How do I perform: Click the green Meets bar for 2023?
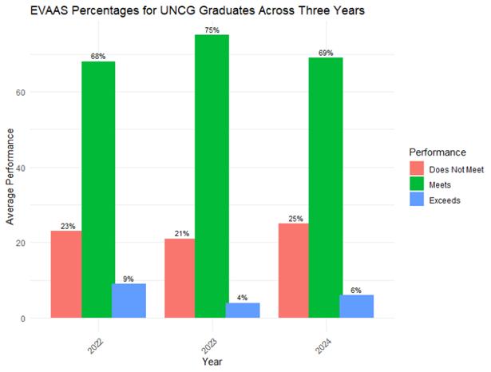pos(212,176)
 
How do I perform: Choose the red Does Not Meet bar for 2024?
pos(293,271)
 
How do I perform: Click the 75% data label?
pos(212,30)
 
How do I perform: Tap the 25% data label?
pos(294,219)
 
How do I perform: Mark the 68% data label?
pos(98,56)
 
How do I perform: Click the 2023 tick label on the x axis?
pos(210,339)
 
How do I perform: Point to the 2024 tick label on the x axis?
pos(324,339)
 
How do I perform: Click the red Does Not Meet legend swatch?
pos(417,168)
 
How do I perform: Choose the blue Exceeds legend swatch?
pos(417,200)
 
